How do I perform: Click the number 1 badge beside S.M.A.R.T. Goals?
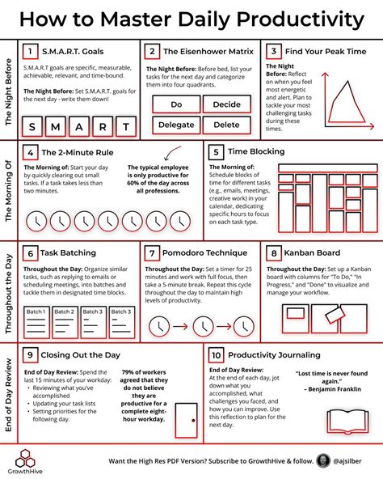[x=30, y=50]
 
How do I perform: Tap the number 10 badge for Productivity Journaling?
[x=216, y=354]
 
